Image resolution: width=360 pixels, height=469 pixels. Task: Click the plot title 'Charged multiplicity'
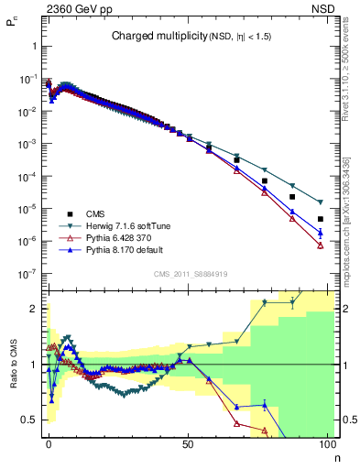[x=149, y=37]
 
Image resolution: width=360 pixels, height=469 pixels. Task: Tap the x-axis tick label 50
[x=187, y=444]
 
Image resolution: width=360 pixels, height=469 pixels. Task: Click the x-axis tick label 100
[x=326, y=444]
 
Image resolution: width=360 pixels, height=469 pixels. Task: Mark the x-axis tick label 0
[x=48, y=444]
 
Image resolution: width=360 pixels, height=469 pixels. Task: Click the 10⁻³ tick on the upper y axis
[x=27, y=144]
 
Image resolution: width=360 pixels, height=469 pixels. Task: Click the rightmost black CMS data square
[x=321, y=219]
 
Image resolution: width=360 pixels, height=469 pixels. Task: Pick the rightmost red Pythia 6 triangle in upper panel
[x=321, y=245]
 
